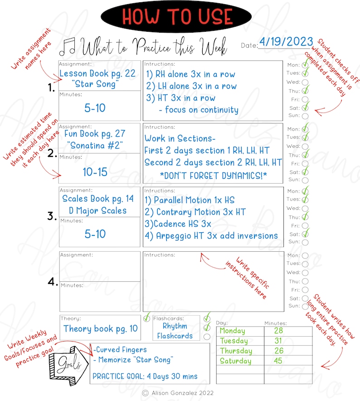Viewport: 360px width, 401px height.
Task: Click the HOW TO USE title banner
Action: [x=176, y=17]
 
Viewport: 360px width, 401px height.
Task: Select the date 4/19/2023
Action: [x=286, y=42]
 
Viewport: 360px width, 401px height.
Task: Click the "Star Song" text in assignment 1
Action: [x=97, y=84]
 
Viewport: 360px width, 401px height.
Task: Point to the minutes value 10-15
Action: [x=95, y=172]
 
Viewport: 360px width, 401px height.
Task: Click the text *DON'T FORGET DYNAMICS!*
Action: [x=213, y=175]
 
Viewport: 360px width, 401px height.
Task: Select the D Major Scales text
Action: [x=98, y=210]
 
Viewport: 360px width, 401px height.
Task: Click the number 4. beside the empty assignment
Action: [x=53, y=282]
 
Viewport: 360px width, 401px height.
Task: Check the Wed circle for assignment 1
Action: [x=305, y=82]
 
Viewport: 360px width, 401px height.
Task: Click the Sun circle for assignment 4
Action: [x=305, y=307]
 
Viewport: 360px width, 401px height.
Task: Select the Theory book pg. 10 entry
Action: [x=101, y=329]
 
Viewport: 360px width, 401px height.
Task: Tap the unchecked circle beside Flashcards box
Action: [x=207, y=337]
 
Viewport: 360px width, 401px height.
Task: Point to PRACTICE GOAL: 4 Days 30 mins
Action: [x=145, y=376]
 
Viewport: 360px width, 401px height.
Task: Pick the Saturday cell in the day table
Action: [x=236, y=361]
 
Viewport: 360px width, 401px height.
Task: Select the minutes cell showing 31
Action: [x=278, y=341]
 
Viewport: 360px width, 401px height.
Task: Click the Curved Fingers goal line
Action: [x=121, y=350]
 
